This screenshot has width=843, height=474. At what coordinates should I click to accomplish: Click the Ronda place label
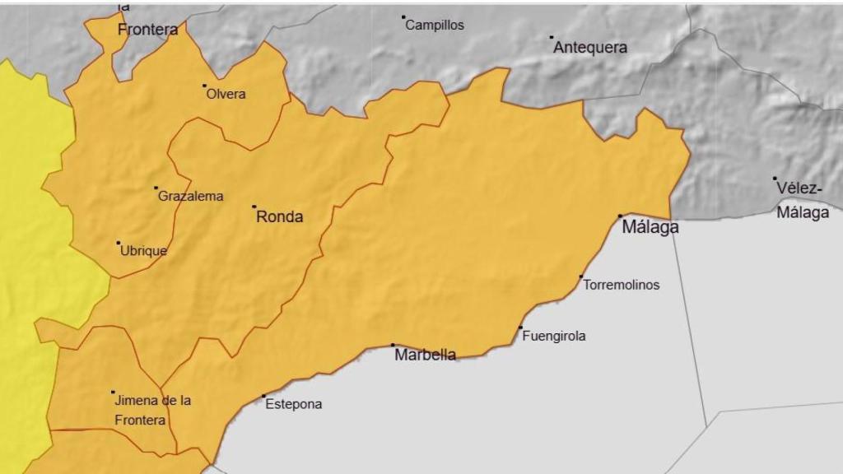pos(280,217)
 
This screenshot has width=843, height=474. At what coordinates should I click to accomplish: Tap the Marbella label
pos(425,355)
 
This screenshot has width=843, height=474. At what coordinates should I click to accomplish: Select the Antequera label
pos(589,48)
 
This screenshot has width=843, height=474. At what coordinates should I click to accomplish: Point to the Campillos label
pos(435,26)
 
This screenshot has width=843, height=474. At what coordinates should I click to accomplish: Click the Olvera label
pos(226,94)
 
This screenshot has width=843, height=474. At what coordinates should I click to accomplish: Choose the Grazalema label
pos(190,197)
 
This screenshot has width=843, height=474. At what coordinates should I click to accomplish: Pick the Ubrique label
pos(143,251)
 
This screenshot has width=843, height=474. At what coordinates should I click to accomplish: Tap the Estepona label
pos(294,404)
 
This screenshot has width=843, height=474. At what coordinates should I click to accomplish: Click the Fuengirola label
pos(554,336)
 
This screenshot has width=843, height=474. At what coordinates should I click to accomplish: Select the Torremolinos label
pos(622,286)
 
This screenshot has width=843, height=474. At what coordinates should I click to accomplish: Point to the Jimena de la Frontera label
pos(153,410)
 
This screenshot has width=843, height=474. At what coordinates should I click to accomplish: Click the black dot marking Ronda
pos(254,207)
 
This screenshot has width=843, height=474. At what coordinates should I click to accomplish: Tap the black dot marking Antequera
pos(552,37)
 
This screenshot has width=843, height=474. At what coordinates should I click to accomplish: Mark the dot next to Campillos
pos(403,17)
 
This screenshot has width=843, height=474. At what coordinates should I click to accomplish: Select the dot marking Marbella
pos(393,345)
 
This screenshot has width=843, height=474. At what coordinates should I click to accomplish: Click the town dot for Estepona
pos(264,397)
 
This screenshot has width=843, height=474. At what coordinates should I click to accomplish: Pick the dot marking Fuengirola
pos(520,328)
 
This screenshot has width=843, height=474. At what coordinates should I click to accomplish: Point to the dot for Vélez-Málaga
pos(775,179)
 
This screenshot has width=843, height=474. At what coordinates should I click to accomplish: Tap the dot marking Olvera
pos(204,85)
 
